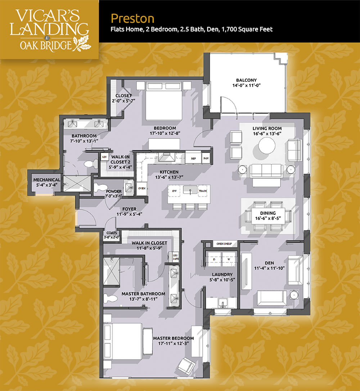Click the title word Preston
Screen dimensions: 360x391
(x=132, y=19)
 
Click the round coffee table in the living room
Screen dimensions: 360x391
(x=267, y=145)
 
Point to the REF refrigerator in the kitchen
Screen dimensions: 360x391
(x=193, y=158)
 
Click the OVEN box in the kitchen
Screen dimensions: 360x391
(x=142, y=188)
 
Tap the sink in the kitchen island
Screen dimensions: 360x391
(x=190, y=190)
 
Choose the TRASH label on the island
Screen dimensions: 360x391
(x=203, y=191)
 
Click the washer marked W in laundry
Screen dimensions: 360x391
(x=229, y=259)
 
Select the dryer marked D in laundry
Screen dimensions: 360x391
(x=214, y=259)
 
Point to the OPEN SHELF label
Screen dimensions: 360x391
(x=224, y=244)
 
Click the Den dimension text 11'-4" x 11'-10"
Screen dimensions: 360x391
(x=269, y=268)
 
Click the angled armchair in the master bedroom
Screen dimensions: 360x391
(x=186, y=365)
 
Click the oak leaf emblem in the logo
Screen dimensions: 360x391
(x=82, y=44)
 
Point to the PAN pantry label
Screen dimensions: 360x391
(x=206, y=158)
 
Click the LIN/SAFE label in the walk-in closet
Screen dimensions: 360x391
(x=176, y=257)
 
